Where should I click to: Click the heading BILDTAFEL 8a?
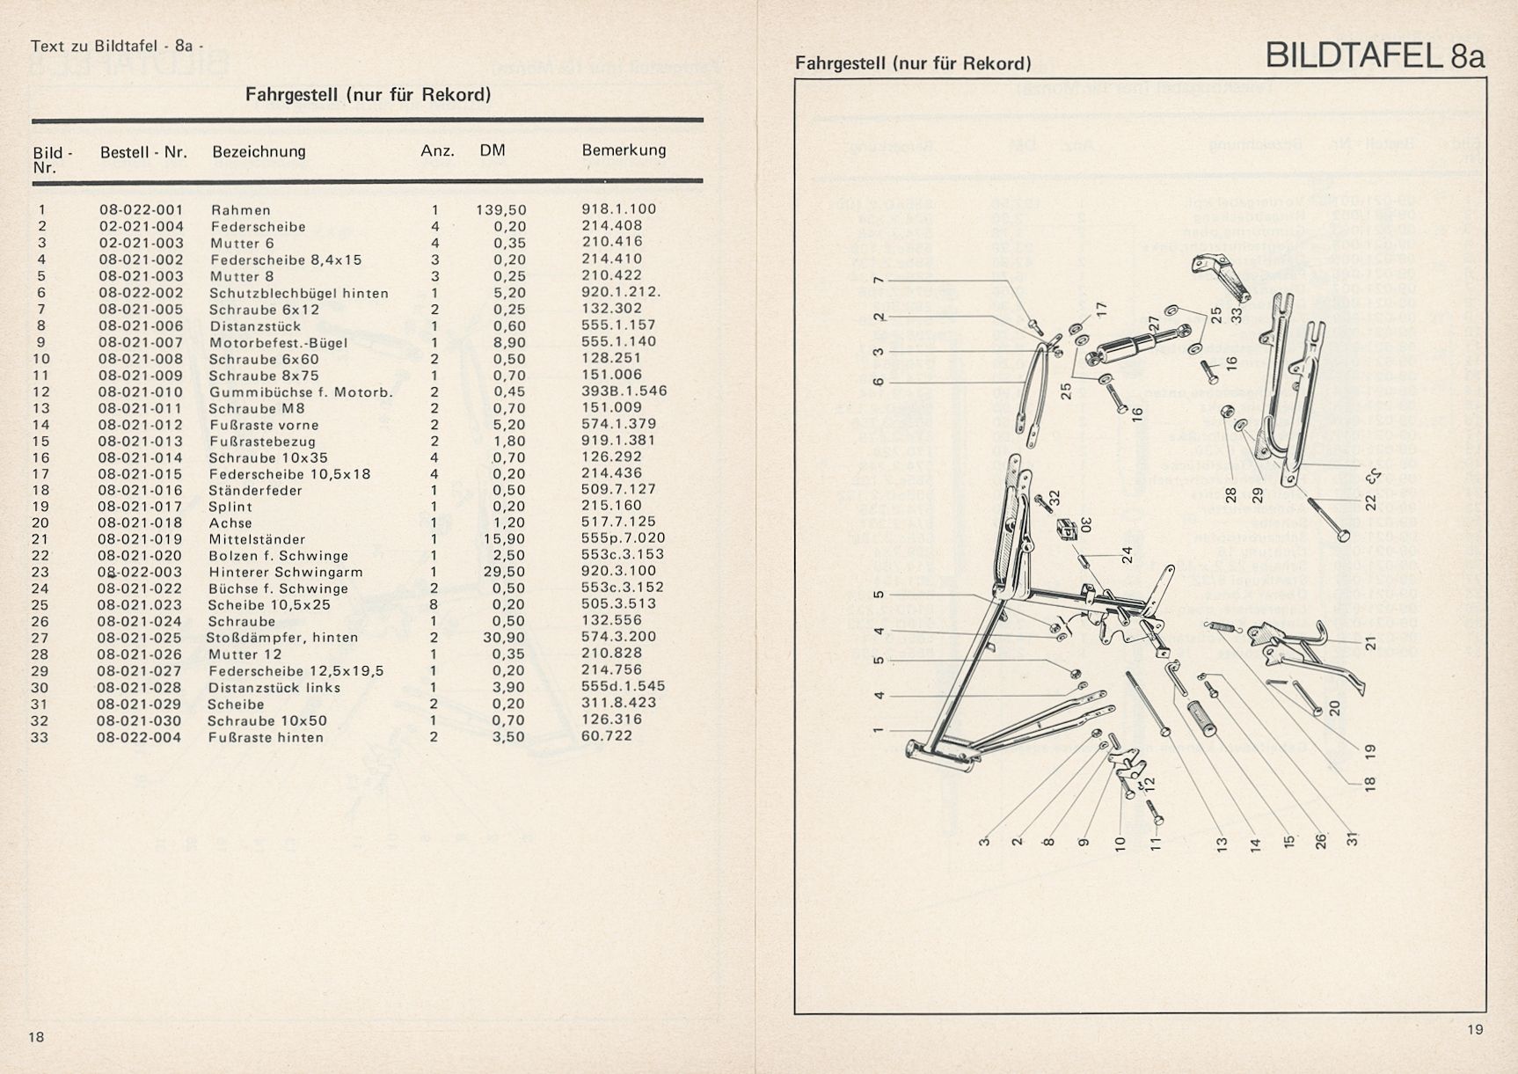(x=1375, y=55)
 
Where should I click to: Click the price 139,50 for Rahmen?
(x=501, y=210)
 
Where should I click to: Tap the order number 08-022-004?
(x=139, y=737)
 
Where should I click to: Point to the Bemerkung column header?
(x=624, y=150)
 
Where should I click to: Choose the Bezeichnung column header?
(x=259, y=151)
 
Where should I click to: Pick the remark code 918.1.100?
(x=619, y=209)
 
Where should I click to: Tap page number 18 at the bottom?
(x=36, y=1037)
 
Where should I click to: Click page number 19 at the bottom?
(x=1475, y=1030)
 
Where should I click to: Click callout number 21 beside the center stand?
(x=1369, y=643)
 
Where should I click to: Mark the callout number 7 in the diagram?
(x=877, y=280)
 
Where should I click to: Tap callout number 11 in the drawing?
(x=1156, y=842)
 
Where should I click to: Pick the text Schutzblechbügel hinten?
(x=299, y=293)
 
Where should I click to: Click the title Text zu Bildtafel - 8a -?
(x=117, y=46)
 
